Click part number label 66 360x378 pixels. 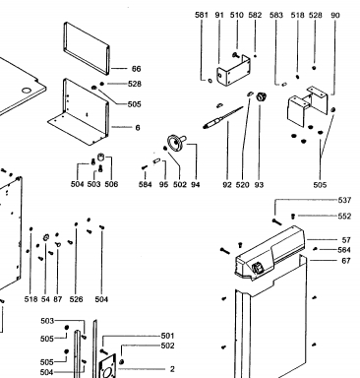(136, 69)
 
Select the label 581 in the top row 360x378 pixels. (202, 15)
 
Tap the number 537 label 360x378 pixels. (344, 200)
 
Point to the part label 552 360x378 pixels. (344, 216)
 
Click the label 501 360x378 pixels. (167, 336)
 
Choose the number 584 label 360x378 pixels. (145, 184)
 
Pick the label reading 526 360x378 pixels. (76, 299)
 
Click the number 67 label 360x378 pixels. (346, 261)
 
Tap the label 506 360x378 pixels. (111, 184)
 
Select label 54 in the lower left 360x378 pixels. (45, 299)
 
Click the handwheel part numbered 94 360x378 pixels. (176, 143)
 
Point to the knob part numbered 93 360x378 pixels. (262, 96)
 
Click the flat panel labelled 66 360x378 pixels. (86, 48)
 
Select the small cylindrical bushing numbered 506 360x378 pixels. (101, 157)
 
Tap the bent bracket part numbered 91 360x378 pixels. (233, 70)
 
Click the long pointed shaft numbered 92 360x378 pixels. (223, 117)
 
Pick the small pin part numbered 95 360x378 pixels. (156, 161)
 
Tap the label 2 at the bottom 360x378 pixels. (172, 369)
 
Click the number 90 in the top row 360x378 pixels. (335, 15)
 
